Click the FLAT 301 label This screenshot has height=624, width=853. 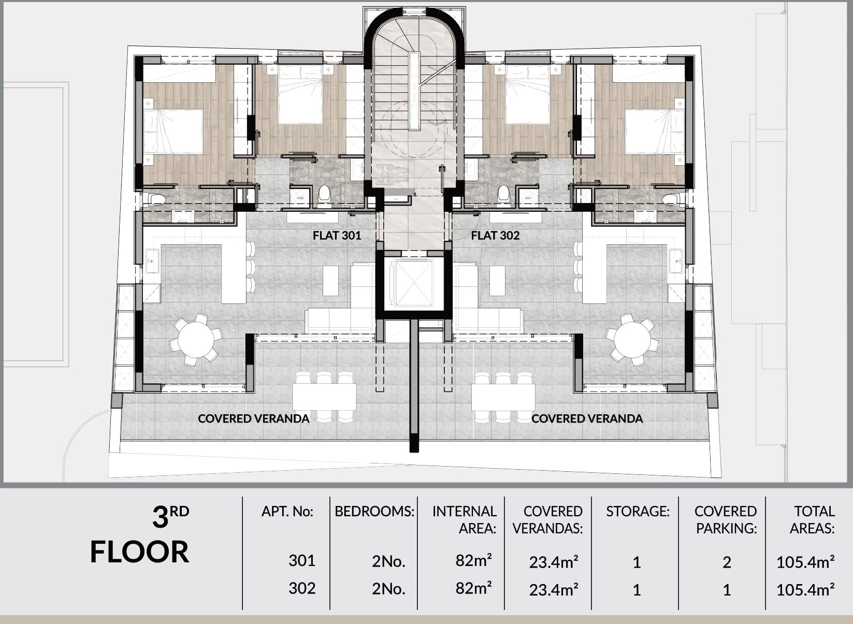tap(337, 236)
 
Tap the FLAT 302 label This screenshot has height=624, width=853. tap(495, 236)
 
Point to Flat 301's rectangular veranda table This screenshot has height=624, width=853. tap(324, 397)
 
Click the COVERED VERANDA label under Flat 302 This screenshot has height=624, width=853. tap(587, 419)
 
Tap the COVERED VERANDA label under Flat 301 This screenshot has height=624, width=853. tap(254, 419)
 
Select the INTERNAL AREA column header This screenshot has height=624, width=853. tap(465, 520)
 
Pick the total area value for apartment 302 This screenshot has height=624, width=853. tap(805, 590)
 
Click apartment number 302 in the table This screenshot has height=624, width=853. tap(302, 589)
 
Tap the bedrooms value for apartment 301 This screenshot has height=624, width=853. tap(388, 561)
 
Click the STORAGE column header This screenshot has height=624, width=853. tap(638, 511)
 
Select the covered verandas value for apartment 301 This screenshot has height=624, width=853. tap(553, 561)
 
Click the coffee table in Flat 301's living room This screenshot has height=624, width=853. tap(330, 281)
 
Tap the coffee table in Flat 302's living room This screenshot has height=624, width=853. tap(497, 281)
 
